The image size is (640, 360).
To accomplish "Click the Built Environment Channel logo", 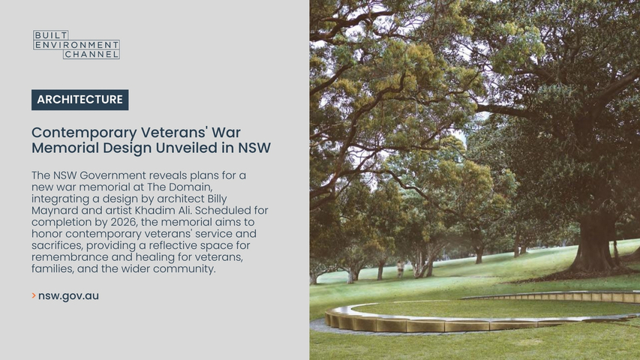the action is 77,45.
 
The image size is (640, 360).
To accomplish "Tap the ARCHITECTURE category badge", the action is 80,100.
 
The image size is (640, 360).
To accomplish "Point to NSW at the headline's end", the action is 254,148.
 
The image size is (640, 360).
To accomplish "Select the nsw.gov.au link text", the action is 68,296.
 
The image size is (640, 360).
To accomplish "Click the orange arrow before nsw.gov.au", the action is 34,295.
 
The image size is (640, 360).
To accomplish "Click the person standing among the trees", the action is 401,269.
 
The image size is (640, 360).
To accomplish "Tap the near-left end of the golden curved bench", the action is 329,317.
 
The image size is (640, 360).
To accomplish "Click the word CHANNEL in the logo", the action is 92,54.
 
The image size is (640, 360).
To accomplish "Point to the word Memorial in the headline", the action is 65,148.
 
